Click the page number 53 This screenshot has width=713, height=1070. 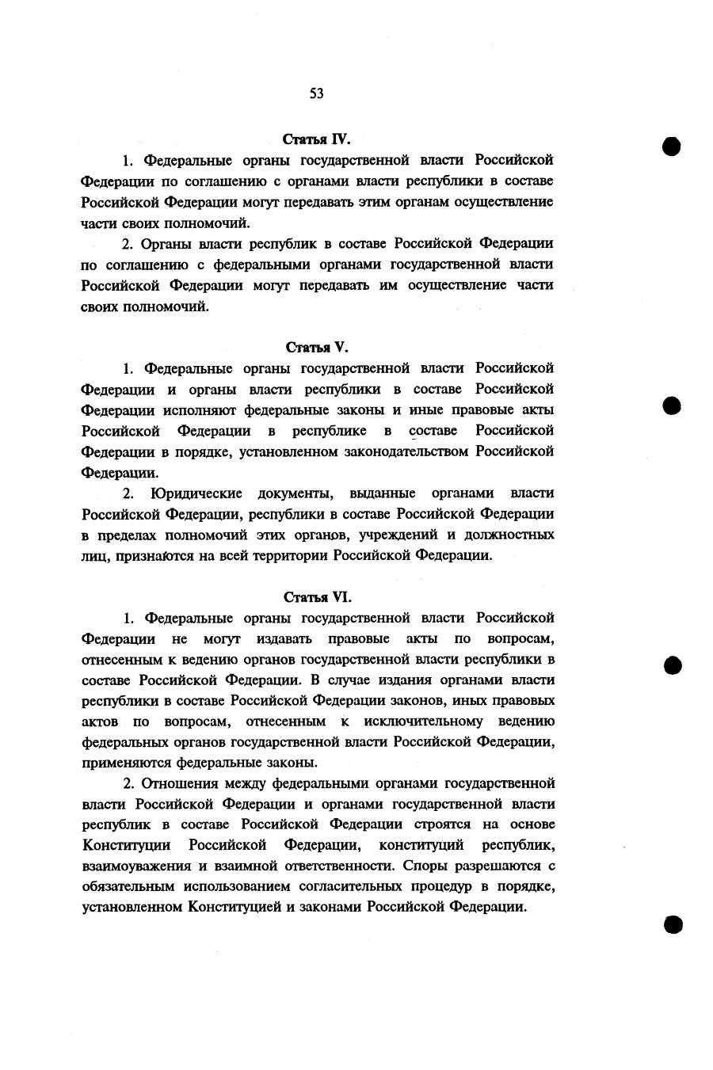tap(316, 93)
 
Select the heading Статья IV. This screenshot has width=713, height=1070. tap(316, 139)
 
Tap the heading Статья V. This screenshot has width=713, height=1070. tap(316, 347)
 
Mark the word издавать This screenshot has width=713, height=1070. tap(283, 638)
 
